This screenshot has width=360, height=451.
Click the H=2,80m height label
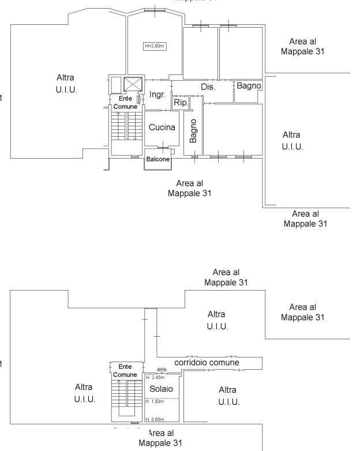pyautogui.click(x=154, y=46)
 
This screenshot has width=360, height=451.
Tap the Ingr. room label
pyautogui.click(x=157, y=95)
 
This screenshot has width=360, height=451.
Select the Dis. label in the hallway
pyautogui.click(x=208, y=87)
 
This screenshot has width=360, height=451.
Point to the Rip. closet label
pyautogui.click(x=179, y=103)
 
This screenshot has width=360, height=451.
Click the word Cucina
pyautogui.click(x=162, y=127)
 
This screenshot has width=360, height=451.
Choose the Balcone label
pyautogui.click(x=157, y=160)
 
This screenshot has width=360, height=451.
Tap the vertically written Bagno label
pyautogui.click(x=194, y=131)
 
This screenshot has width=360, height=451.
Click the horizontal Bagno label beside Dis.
pyautogui.click(x=249, y=85)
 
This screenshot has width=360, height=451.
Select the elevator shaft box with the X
pyautogui.click(x=133, y=84)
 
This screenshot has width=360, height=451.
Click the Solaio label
pyautogui.click(x=161, y=389)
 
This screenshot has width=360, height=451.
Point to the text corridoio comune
pyautogui.click(x=207, y=362)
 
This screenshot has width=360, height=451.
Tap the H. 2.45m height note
pyautogui.click(x=155, y=378)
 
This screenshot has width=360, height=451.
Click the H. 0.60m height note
pyautogui.click(x=155, y=419)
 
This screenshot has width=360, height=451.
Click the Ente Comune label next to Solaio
pyautogui.click(x=125, y=370)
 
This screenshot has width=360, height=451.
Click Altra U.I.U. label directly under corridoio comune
pyautogui.click(x=228, y=396)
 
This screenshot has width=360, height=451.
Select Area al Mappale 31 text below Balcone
pyautogui.click(x=189, y=188)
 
